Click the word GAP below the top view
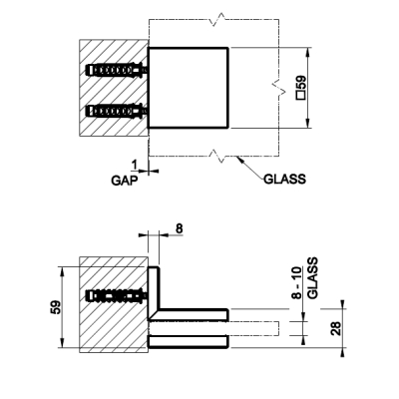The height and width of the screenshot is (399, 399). pyautogui.click(x=124, y=181)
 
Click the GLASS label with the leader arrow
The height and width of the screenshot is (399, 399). pyautogui.click(x=284, y=180)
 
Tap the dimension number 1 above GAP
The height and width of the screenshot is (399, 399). pyautogui.click(x=135, y=165)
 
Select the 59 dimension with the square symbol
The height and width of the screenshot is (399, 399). pyautogui.click(x=301, y=88)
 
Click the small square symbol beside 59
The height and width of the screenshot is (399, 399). pyautogui.click(x=301, y=96)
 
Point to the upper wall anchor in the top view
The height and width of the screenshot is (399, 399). pyautogui.click(x=117, y=70)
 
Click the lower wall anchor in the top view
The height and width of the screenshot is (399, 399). pyautogui.click(x=117, y=111)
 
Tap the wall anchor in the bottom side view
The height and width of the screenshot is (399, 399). pyautogui.click(x=117, y=295)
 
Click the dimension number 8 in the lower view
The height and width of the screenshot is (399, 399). pyautogui.click(x=179, y=228)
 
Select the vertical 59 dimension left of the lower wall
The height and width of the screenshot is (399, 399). pyautogui.click(x=56, y=307)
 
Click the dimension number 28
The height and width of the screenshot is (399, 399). pyautogui.click(x=337, y=328)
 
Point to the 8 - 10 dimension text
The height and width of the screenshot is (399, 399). pyautogui.click(x=297, y=282)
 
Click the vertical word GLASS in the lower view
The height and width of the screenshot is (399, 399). pyautogui.click(x=312, y=278)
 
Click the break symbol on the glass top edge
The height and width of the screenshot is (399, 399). pyautogui.click(x=217, y=19)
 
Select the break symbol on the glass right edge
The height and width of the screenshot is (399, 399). pyautogui.click(x=277, y=88)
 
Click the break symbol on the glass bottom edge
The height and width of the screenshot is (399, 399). pyautogui.click(x=217, y=156)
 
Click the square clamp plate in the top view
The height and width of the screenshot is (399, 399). pyautogui.click(x=188, y=88)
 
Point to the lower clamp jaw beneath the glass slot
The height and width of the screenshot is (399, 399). pyautogui.click(x=188, y=342)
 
